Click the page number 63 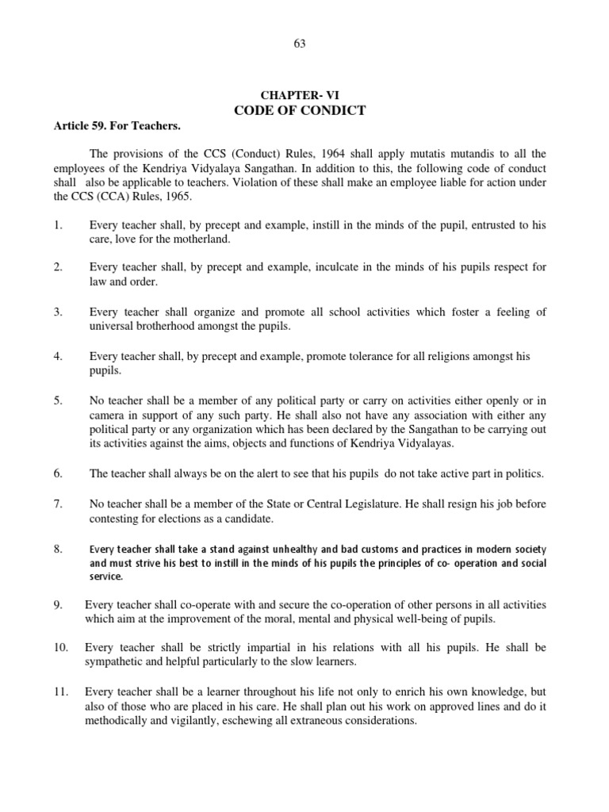click(x=299, y=44)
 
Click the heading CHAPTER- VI click(x=300, y=94)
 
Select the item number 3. click(x=58, y=312)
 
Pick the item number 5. click(x=58, y=401)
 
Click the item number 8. click(x=58, y=549)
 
